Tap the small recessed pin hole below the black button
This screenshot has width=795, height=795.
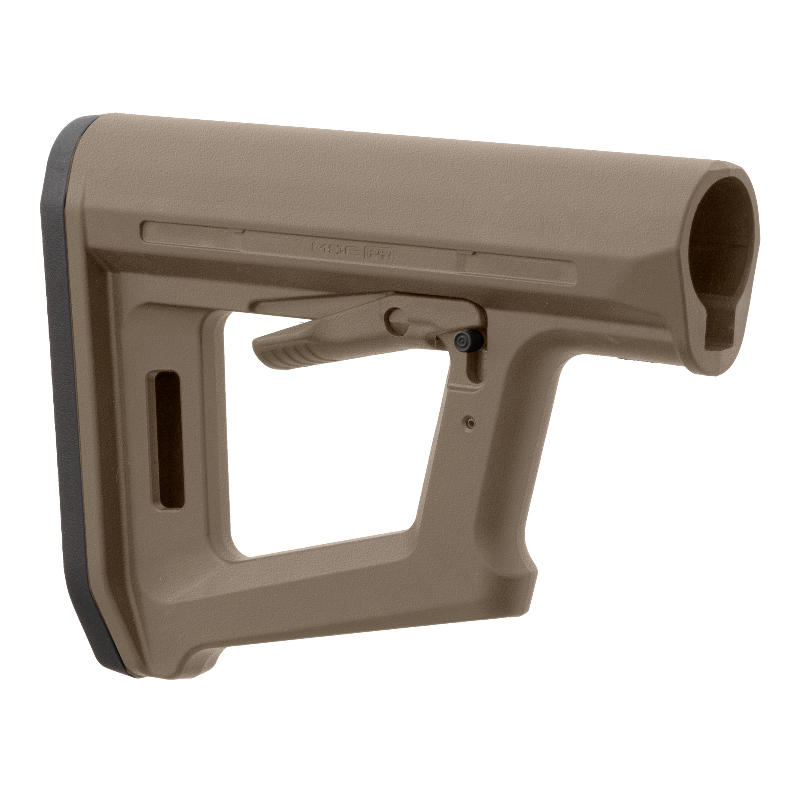coord(471,423)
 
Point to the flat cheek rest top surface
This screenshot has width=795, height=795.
coord(370,173)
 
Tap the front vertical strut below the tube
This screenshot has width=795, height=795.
coord(494,473)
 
